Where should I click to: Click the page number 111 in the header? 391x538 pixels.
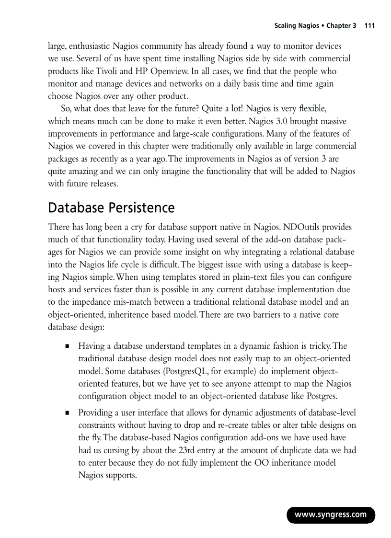pos(369,26)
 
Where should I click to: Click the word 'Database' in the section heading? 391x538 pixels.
pos(76,208)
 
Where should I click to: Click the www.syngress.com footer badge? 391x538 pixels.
pos(331,515)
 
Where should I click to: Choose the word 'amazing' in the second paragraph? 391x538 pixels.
pos(81,171)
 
